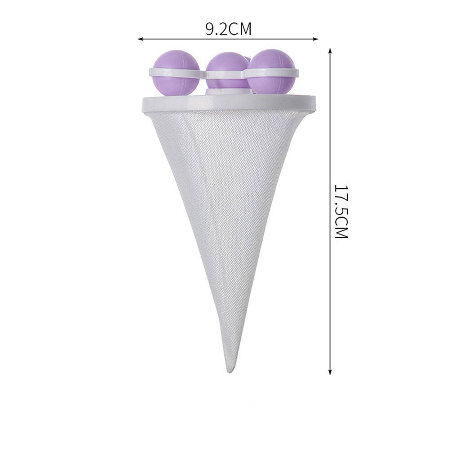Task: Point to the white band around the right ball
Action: point(270,72)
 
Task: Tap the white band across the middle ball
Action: point(225,74)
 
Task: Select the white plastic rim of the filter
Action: point(229,103)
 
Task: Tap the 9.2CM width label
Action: point(228,30)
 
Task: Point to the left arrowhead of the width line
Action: point(141,39)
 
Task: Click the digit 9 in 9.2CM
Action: point(210,30)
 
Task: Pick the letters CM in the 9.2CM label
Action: point(240,30)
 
